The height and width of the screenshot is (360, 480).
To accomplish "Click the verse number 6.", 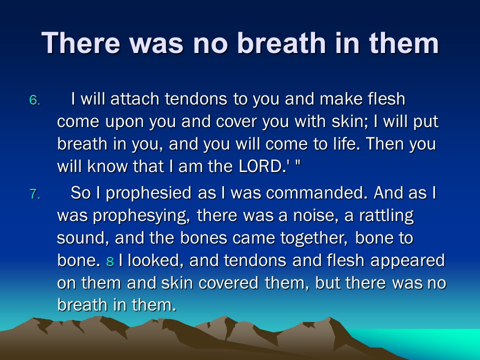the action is [x=34, y=100].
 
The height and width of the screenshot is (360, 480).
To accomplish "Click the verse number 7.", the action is [x=34, y=194].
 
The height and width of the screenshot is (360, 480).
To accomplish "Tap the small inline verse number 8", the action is [x=110, y=261].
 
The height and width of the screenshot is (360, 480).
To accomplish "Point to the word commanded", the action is [x=316, y=193].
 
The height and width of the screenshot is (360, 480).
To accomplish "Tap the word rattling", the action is [x=386, y=216].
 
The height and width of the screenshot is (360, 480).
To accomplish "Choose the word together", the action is [x=314, y=238].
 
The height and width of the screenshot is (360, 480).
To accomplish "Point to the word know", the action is [x=107, y=166].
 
